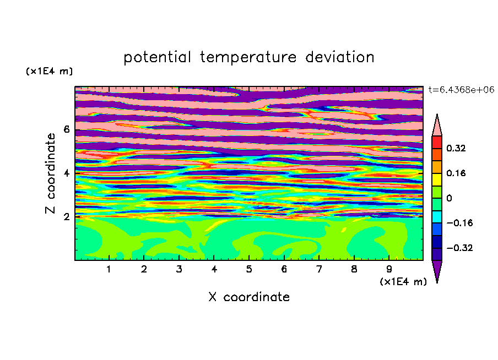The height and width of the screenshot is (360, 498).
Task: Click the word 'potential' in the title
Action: point(157,58)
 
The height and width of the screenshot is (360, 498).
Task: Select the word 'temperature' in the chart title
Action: point(248,58)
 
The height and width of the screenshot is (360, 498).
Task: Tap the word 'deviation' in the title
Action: point(339,57)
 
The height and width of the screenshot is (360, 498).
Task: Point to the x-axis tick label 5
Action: point(249,269)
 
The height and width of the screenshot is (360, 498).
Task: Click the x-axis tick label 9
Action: point(389,269)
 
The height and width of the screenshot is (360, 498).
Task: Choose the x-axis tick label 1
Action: point(109,269)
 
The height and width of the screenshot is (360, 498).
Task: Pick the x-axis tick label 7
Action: point(319,269)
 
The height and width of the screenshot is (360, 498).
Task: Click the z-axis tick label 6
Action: point(66,129)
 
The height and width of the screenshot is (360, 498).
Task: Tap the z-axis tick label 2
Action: point(66,217)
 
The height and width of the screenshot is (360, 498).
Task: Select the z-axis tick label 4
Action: point(66,173)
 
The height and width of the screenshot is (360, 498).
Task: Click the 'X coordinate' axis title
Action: point(249,297)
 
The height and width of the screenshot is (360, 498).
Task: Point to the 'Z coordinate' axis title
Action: point(50,173)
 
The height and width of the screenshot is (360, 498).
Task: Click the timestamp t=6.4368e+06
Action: point(461,90)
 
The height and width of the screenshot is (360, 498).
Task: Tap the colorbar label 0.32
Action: point(456,148)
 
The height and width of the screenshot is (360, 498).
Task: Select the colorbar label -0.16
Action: point(459,223)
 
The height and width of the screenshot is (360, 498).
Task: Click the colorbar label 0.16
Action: point(456,173)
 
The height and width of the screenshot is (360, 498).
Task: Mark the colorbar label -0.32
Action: point(459,248)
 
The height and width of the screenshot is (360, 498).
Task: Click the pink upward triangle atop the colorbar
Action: point(437,127)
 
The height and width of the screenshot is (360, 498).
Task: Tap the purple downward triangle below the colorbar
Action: point(437,269)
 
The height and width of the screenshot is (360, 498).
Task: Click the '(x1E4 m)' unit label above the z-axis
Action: point(49,71)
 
